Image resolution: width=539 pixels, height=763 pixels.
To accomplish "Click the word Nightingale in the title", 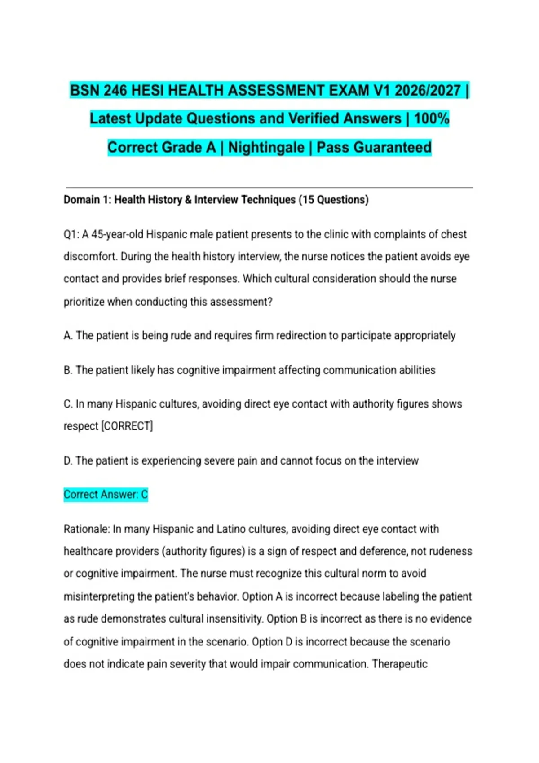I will [266, 147].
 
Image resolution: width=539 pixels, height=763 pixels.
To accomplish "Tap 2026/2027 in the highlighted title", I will [428, 91].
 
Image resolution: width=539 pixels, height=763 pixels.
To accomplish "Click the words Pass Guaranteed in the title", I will [374, 147].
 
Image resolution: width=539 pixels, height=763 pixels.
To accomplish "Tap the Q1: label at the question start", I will [71, 235].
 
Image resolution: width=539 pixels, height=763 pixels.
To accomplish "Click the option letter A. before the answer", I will [68, 336].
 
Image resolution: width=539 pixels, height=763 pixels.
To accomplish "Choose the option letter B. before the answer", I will [68, 370].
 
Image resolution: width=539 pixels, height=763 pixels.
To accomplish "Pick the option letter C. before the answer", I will [68, 404].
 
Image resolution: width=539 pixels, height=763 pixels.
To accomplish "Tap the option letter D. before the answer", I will [68, 461].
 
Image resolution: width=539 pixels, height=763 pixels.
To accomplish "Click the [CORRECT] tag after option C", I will [127, 426].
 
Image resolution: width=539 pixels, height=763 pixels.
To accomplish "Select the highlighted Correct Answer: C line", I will [106, 495].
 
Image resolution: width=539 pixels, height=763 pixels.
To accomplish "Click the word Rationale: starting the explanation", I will [87, 529].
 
